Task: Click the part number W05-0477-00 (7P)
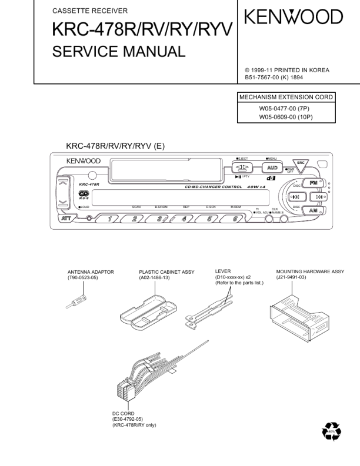pyautogui.click(x=286, y=108)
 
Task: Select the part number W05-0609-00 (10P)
pyautogui.click(x=286, y=116)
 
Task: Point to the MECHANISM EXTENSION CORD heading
pyautogui.click(x=286, y=97)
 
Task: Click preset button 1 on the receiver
pyautogui.click(x=109, y=219)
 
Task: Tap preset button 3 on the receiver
pyautogui.click(x=160, y=219)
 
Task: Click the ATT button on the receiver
pyautogui.click(x=67, y=219)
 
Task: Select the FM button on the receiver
pyautogui.click(x=314, y=183)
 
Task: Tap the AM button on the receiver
pyautogui.click(x=314, y=210)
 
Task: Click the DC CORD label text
pyautogui.click(x=124, y=413)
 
